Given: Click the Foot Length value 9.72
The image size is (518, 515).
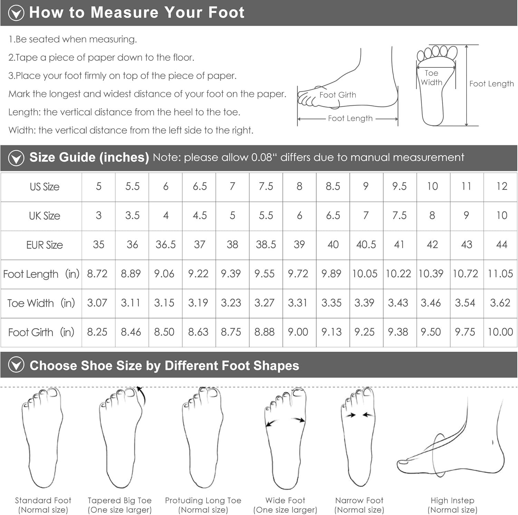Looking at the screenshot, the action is click(x=298, y=274).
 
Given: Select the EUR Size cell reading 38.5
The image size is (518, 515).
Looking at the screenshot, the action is click(x=266, y=245).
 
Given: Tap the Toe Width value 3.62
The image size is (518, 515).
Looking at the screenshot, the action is click(x=500, y=303).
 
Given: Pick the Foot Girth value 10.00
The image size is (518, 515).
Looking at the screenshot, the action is click(x=500, y=332).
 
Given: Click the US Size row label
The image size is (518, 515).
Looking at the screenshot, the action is click(x=45, y=187).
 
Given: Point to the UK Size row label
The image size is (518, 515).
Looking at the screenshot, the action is click(x=45, y=216).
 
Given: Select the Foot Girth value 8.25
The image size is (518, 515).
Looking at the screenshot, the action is click(x=97, y=332).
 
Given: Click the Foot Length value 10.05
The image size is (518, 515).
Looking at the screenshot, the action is click(x=365, y=274).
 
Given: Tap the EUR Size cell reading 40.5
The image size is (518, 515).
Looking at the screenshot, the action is click(x=366, y=245).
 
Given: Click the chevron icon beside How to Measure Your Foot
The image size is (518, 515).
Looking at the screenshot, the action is click(x=16, y=13).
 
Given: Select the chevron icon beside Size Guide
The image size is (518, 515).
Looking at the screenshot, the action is click(x=16, y=158).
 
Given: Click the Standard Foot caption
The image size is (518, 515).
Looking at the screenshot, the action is click(x=43, y=505).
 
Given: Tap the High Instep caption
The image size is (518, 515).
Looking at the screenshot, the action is click(x=452, y=505).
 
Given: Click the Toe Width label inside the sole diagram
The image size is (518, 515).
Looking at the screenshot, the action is click(x=432, y=77).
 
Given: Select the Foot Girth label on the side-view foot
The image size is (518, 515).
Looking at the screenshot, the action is click(x=338, y=95).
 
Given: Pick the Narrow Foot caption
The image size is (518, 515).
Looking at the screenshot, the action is click(x=359, y=505).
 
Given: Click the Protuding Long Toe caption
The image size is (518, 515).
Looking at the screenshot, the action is click(x=203, y=505).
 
